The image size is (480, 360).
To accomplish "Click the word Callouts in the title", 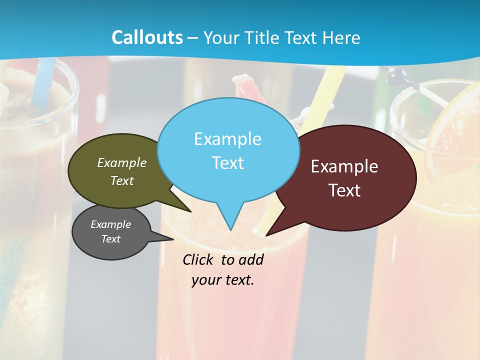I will (x=147, y=37).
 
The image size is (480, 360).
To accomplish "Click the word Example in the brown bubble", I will (x=344, y=166).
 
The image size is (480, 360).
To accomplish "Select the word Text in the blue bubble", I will (x=228, y=163).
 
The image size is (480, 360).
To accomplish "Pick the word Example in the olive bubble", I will (x=122, y=162).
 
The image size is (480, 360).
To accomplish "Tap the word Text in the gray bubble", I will (x=111, y=239).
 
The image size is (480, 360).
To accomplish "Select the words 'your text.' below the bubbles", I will (x=223, y=280).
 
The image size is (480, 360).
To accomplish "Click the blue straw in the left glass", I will (x=42, y=80).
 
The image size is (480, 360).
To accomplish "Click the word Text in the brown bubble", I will (x=345, y=190).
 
